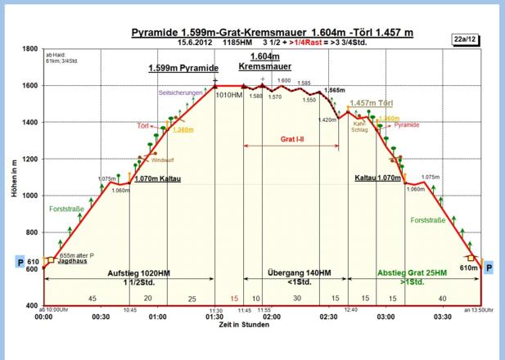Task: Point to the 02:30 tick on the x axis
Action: [328, 316]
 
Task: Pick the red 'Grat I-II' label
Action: [291, 139]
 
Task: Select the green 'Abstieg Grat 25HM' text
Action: [412, 272]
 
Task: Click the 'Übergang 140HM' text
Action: [299, 272]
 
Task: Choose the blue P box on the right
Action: [488, 267]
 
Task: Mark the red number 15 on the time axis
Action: [234, 298]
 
